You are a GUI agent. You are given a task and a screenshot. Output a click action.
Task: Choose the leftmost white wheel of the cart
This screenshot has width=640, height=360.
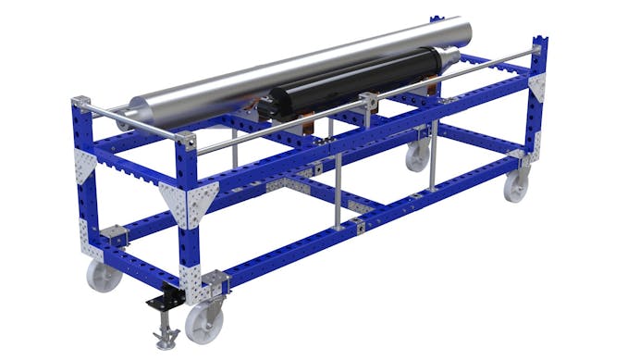[x=104, y=274]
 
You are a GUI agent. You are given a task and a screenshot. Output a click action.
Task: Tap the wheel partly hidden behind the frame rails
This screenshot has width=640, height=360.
[x=417, y=156]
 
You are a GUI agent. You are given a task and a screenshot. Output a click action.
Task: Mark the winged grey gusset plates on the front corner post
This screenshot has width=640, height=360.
[x=191, y=203]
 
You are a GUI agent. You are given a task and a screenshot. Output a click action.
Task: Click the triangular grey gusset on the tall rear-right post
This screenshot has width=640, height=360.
[x=536, y=89]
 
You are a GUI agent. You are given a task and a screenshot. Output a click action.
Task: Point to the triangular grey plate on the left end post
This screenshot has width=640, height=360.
[x=86, y=168]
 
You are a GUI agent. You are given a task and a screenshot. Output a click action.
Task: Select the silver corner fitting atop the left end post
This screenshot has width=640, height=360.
[x=80, y=101]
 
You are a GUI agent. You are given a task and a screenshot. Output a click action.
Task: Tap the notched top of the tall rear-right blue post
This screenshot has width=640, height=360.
[x=539, y=43]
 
